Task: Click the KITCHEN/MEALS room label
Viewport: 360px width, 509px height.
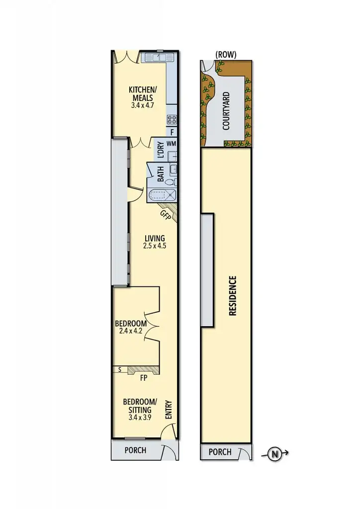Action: point(143,93)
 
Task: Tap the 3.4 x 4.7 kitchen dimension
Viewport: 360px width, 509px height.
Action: point(143,105)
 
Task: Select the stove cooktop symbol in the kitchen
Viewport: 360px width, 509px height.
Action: point(172,119)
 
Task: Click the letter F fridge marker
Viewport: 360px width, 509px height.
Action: point(172,132)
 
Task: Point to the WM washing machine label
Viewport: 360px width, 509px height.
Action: point(172,144)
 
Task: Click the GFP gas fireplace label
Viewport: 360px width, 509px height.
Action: point(165,215)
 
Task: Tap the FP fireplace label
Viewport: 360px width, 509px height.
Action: point(144,378)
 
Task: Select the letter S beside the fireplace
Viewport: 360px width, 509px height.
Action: point(120,369)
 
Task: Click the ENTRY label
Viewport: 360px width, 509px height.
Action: point(168,410)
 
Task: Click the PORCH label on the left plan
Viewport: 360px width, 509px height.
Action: point(135,450)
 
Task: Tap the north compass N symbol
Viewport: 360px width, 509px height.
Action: point(274,453)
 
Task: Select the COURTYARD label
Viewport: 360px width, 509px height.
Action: point(226,111)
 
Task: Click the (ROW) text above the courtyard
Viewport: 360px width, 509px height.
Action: point(225,54)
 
